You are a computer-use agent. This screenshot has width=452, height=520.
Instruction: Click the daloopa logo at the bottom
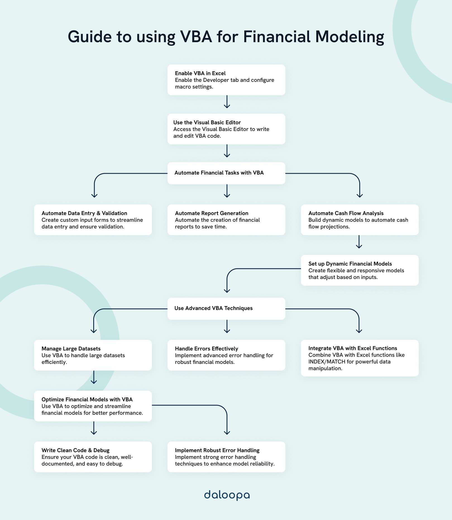click(227, 495)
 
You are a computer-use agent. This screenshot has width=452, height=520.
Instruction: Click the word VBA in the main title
click(196, 37)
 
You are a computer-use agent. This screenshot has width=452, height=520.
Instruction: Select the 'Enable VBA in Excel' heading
click(200, 73)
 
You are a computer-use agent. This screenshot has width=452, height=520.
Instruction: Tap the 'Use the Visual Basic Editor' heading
click(207, 123)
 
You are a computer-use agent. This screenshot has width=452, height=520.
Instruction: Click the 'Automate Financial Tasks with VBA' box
click(226, 173)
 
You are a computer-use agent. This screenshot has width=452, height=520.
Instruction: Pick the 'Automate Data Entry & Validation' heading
click(84, 213)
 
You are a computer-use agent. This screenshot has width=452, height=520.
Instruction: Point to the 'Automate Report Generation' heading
click(212, 213)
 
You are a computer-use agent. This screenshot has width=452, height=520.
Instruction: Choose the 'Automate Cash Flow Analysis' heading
click(346, 213)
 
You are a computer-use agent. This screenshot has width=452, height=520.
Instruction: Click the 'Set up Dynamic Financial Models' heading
click(350, 264)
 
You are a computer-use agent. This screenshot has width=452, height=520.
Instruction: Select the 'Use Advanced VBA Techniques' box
click(226, 309)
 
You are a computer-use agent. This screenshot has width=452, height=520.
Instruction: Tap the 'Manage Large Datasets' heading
click(71, 349)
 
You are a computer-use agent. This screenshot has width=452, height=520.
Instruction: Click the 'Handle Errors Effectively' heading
click(206, 349)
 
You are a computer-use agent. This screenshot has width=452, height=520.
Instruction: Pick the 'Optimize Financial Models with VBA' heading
click(87, 400)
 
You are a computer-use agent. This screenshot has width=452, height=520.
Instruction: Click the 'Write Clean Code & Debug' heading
click(75, 450)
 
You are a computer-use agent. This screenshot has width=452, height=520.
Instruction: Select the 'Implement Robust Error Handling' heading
click(217, 450)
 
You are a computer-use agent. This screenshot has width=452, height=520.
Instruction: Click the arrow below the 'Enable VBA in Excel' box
click(227, 102)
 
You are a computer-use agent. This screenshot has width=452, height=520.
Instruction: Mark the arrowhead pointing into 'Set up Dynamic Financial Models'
click(359, 246)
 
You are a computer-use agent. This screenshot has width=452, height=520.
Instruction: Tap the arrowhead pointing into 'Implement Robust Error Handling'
click(227, 433)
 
